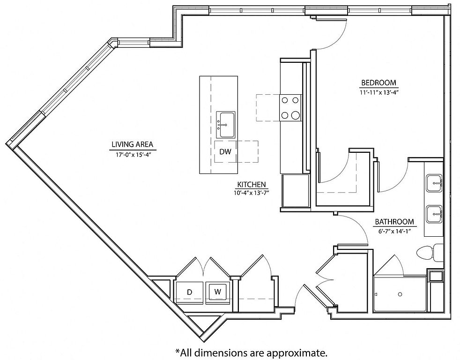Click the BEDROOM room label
(378, 82)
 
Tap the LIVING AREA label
(132, 144)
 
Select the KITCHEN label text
(252, 185)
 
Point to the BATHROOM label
(394, 222)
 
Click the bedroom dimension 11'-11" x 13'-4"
(378, 92)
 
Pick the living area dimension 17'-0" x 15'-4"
(132, 154)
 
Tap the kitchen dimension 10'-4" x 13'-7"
(252, 193)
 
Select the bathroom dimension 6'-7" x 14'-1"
(394, 231)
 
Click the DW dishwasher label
(225, 151)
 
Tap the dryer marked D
(189, 292)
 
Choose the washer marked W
(217, 292)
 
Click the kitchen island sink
(226, 125)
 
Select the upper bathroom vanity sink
(434, 183)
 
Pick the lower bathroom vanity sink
(434, 214)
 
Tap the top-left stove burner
(284, 100)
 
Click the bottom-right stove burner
(295, 115)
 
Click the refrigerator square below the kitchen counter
(296, 191)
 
